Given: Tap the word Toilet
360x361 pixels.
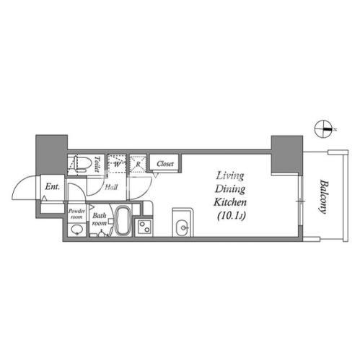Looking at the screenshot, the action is [97, 164].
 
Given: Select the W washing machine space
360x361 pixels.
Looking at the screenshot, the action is [117, 164].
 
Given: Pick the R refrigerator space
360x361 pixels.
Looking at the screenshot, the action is [138, 164].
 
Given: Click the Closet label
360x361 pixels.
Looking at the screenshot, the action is [165, 164].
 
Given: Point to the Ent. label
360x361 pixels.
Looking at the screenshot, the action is [53, 186].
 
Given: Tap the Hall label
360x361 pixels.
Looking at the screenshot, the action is [111, 187].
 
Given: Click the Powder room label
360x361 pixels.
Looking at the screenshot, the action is [76, 214].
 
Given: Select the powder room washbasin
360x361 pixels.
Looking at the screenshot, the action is [76, 230].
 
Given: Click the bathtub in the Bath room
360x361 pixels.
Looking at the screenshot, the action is [123, 220].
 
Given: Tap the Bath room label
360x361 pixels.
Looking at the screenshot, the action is [100, 219].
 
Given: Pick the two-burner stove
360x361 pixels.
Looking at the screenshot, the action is [144, 227].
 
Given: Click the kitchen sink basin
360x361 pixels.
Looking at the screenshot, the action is [184, 227].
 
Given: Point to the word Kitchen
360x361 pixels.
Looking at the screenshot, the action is [230, 202].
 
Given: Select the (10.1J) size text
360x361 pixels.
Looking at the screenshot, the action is [232, 216].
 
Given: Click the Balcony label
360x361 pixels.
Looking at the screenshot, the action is [323, 196].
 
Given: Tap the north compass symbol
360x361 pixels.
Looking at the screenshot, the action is [324, 129].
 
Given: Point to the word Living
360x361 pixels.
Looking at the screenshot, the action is [230, 175].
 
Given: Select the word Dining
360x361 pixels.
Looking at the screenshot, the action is [230, 189].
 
